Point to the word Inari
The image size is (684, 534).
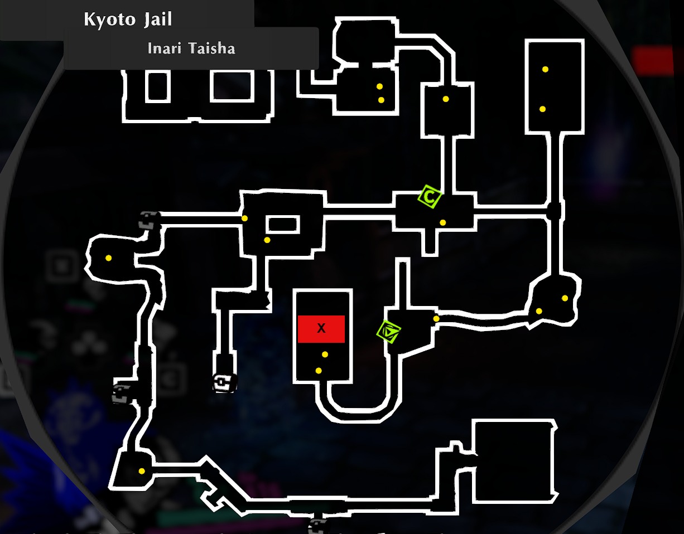coord(165,48)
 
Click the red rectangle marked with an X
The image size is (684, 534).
coord(321,329)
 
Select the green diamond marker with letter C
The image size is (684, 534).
coord(430,196)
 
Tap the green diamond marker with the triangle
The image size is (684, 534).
coord(389,331)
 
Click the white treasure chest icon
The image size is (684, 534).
coord(224,382)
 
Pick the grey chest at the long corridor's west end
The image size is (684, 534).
coord(150,221)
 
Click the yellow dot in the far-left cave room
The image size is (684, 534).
coord(108,258)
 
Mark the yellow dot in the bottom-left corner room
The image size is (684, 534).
coord(142,471)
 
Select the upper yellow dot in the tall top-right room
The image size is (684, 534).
coord(545,69)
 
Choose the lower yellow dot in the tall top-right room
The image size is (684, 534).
coord(542,109)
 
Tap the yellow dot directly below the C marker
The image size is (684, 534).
coord(442,222)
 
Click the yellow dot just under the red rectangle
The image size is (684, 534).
coord(325,355)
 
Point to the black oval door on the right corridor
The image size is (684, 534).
coord(553,211)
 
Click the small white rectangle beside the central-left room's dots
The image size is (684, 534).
coord(282,225)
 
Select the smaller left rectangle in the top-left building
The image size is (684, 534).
coord(157,86)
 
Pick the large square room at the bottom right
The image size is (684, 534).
coord(514,462)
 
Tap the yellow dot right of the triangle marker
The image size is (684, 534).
coord(436,319)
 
